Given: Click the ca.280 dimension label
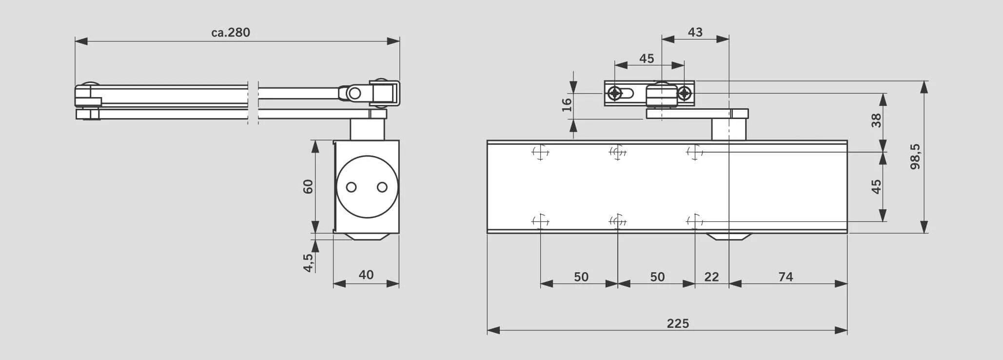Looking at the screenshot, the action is (231, 33).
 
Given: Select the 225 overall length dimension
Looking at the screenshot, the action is (678, 323).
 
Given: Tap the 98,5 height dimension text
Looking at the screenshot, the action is (915, 156).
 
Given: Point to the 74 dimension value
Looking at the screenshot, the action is (786, 277).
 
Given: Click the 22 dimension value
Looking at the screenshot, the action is (711, 277).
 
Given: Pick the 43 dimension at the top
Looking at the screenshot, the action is (695, 32).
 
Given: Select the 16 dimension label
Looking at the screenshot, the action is (567, 105).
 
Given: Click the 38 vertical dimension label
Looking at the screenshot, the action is (876, 120).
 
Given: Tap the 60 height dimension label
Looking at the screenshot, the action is (308, 186).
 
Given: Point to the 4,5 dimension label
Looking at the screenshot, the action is (308, 262).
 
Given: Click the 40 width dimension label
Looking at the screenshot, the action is (366, 275).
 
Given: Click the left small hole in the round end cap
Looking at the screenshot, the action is (351, 187).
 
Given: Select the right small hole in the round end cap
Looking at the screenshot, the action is (382, 187).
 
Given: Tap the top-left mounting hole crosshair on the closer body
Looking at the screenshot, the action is (540, 152).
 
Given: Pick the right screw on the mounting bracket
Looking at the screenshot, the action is (685, 93).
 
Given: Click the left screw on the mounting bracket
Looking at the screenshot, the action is (616, 93).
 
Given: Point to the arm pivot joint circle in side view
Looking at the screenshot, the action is (355, 93).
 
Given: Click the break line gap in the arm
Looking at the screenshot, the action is (253, 102).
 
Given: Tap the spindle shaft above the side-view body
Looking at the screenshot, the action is (367, 129).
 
